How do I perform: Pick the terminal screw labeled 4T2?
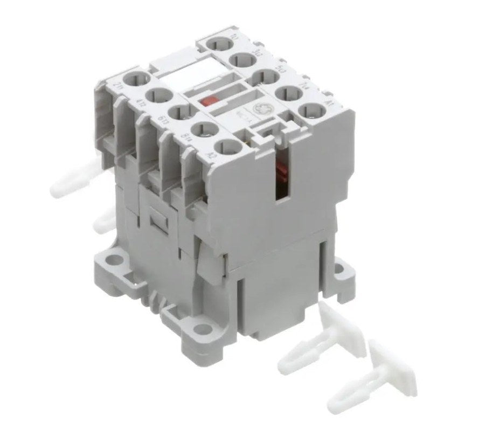(x=161, y=98)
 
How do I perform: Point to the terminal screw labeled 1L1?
(x=220, y=44)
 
